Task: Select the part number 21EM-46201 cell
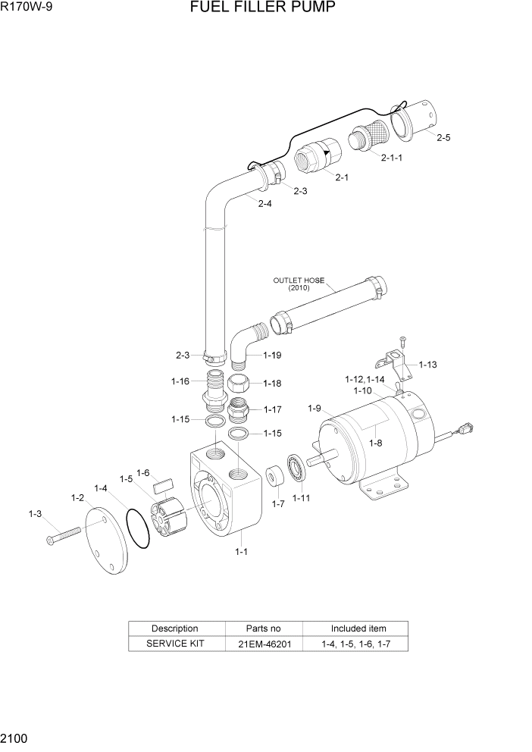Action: pos(264,644)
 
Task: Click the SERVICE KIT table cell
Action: pos(174,644)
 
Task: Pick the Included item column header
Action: pos(358,628)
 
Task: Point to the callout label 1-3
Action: pos(35,514)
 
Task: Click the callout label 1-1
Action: pos(241,552)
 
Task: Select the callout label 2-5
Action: pos(443,138)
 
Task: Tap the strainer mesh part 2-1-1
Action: pos(368,139)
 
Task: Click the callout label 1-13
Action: pos(427,365)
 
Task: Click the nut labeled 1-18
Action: pos(239,383)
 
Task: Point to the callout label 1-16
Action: pos(180,381)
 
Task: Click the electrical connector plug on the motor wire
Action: pos(465,431)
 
